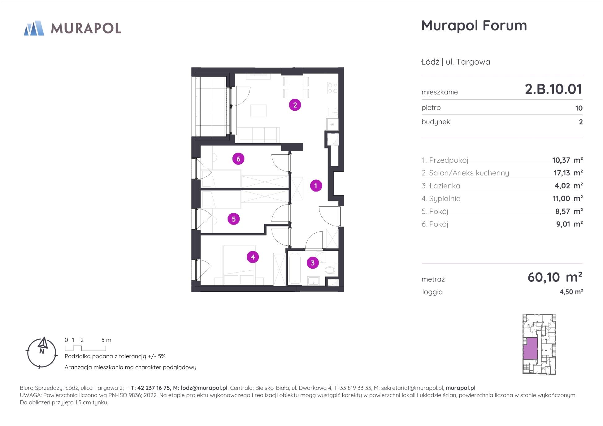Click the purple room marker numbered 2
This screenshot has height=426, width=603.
(295, 105)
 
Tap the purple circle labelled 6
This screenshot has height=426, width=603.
(238, 159)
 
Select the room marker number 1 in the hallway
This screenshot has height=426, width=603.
(316, 186)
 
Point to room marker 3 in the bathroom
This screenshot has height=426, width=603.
(313, 263)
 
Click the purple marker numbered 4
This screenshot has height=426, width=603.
(253, 257)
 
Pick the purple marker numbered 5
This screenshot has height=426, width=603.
(234, 219)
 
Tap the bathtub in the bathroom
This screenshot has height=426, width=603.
(295, 268)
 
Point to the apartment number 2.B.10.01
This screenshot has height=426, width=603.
(553, 89)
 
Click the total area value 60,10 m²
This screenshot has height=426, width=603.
(555, 277)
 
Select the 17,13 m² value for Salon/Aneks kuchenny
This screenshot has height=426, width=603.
(568, 173)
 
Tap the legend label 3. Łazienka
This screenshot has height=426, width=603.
(441, 186)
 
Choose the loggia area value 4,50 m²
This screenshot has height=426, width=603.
(571, 292)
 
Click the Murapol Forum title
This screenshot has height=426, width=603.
(474, 25)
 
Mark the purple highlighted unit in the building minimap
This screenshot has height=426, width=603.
(531, 348)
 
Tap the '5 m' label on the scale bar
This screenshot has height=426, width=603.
(106, 340)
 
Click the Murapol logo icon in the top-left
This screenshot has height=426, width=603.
(34, 28)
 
